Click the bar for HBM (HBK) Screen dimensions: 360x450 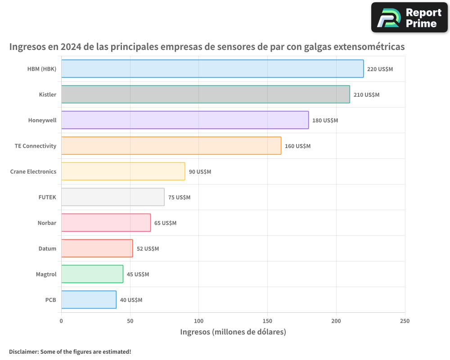pyautogui.click(x=212, y=69)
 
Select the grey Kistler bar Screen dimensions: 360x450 pyautogui.click(x=205, y=94)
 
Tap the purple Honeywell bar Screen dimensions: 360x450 pyautogui.click(x=185, y=120)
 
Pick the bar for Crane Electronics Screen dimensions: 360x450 pyautogui.click(x=123, y=171)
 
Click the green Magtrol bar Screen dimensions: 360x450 pyautogui.click(x=92, y=274)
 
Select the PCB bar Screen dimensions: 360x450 pyautogui.click(x=89, y=300)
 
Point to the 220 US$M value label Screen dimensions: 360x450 pyautogui.click(x=380, y=69)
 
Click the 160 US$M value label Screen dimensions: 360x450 pyautogui.click(x=297, y=146)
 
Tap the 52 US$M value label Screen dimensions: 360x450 pyautogui.click(x=148, y=249)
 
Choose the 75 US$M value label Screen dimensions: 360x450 pyautogui.click(x=179, y=198)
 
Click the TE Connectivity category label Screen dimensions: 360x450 pyautogui.click(x=36, y=146)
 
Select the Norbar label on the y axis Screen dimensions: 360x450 pyautogui.click(x=47, y=223)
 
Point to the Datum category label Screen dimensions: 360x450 pyautogui.click(x=47, y=249)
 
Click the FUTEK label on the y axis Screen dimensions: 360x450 pyautogui.click(x=47, y=198)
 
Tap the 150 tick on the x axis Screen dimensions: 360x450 pyautogui.click(x=268, y=321)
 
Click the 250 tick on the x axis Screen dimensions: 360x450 pyautogui.click(x=405, y=321)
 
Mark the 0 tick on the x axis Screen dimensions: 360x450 pyautogui.click(x=61, y=321)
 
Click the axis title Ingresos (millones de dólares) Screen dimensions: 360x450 pyautogui.click(x=233, y=332)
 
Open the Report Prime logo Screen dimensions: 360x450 pyautogui.click(x=409, y=18)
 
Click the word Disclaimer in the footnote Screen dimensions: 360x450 pyautogui.click(x=23, y=351)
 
